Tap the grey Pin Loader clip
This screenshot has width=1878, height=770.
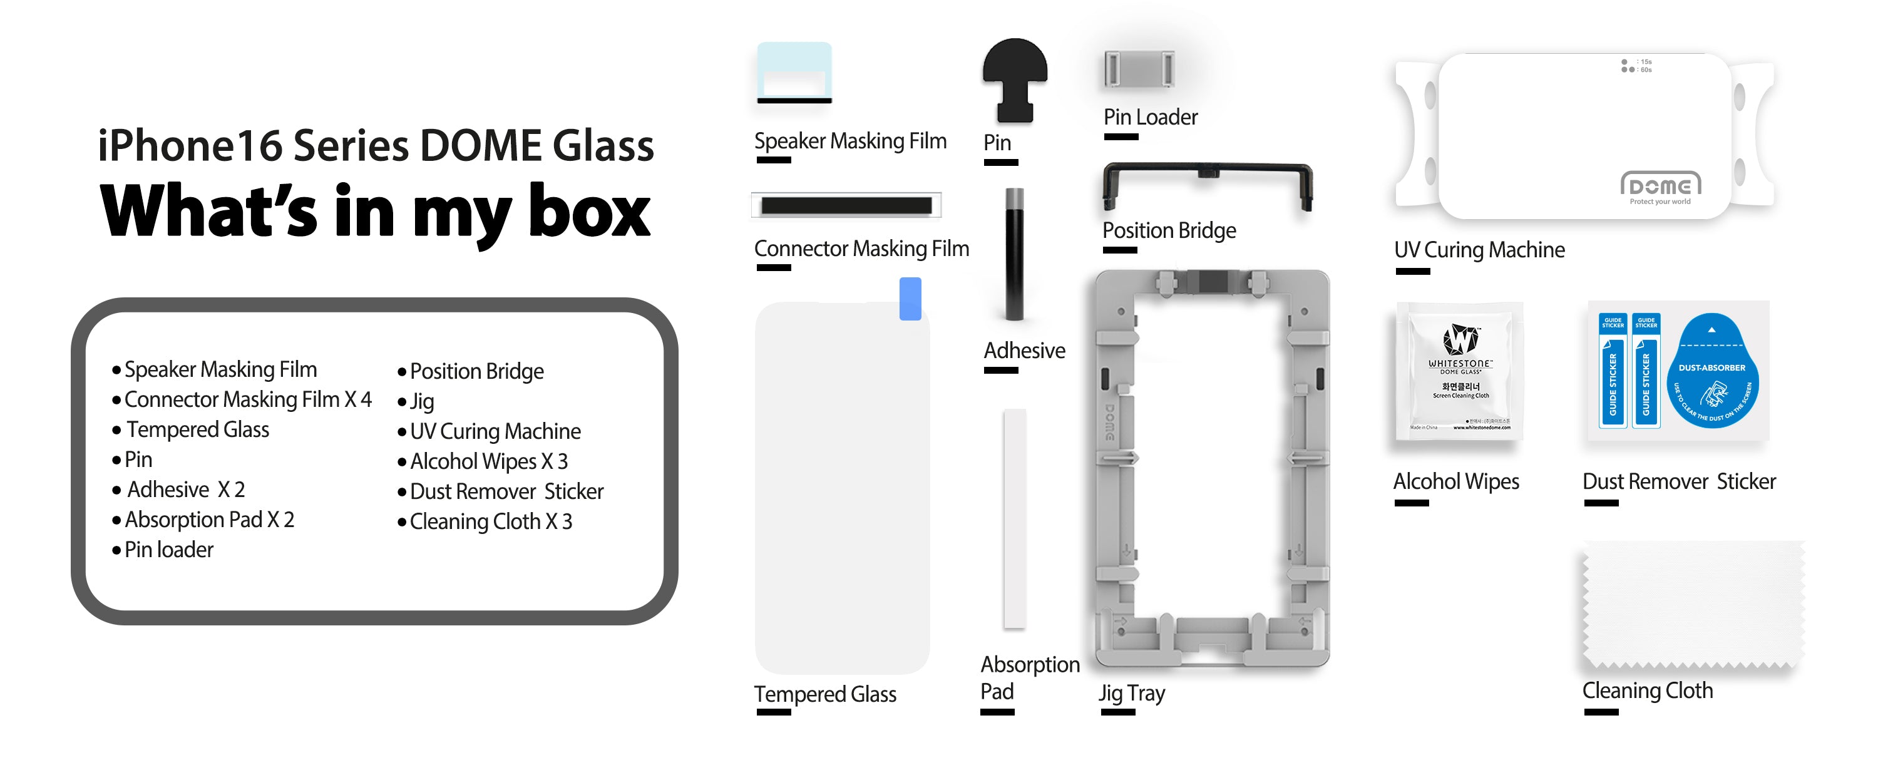point(1139,70)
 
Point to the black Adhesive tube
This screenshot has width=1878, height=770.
point(1014,255)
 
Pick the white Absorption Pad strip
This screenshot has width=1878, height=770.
point(1014,518)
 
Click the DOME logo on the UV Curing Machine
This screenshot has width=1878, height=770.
point(1660,186)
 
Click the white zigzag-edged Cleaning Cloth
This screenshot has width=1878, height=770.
point(1691,605)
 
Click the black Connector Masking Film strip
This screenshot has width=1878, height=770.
point(846,205)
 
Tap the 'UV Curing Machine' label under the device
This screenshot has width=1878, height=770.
point(1479,250)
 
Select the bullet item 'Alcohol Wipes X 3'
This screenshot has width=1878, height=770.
point(488,461)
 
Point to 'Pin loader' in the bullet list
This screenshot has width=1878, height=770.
point(168,550)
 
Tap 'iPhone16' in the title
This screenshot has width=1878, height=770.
point(190,146)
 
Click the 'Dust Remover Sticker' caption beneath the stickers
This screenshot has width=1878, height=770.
point(1678,482)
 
